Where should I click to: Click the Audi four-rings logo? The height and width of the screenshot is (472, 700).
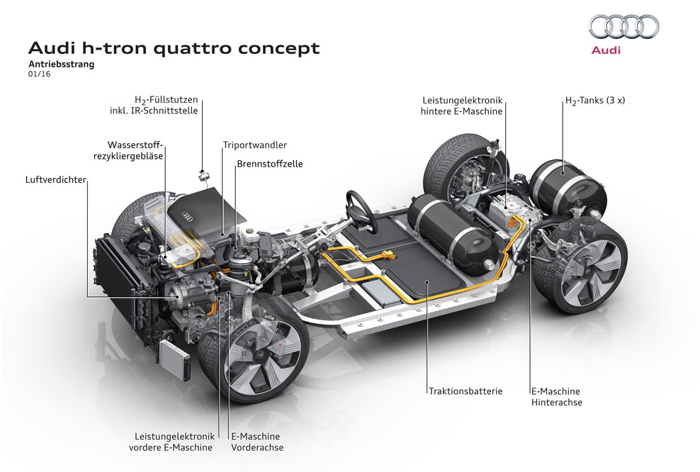click(x=623, y=27)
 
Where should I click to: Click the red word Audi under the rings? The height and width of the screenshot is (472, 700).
click(x=606, y=50)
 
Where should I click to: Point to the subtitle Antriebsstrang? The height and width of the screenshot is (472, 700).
click(x=61, y=64)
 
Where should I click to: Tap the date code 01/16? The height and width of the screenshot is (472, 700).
click(x=39, y=74)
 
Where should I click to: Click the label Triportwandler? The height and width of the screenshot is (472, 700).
click(x=254, y=145)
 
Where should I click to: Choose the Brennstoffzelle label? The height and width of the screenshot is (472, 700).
click(x=269, y=164)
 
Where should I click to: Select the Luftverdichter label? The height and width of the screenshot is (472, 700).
click(x=55, y=180)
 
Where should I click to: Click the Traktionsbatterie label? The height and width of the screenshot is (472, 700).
click(x=465, y=390)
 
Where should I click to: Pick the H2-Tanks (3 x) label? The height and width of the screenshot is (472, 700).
click(x=594, y=101)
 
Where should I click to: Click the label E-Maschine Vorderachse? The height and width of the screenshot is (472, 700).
click(x=256, y=442)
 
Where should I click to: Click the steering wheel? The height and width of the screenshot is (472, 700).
click(x=361, y=209)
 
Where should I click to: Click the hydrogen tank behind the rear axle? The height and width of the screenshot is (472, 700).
click(x=567, y=188)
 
